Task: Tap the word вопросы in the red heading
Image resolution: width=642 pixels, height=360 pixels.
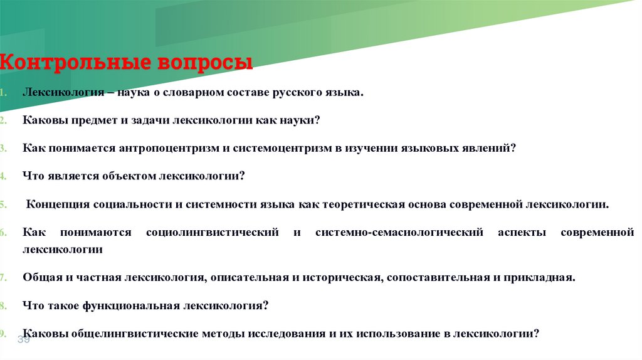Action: point(205,63)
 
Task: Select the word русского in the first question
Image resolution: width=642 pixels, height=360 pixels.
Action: point(295,92)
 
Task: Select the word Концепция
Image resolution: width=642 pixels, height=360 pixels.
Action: point(56,204)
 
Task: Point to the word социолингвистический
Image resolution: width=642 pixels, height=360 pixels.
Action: point(212,233)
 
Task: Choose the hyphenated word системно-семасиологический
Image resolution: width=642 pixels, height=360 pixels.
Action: point(399,233)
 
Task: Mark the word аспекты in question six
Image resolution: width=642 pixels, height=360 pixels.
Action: point(519,233)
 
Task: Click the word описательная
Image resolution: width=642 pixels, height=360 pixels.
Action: point(250,277)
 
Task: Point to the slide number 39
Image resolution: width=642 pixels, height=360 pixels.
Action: point(23,339)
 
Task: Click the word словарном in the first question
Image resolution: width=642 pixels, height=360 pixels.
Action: point(200,92)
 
